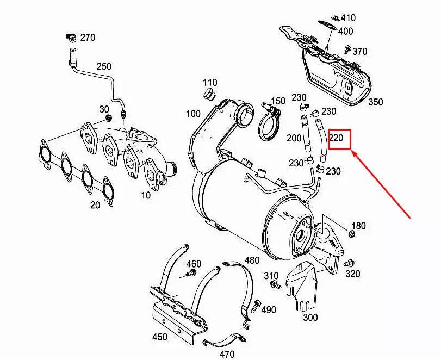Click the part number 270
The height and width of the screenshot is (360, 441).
click(x=88, y=38)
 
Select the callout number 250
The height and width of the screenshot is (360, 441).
click(x=104, y=67)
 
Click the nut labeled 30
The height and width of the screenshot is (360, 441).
click(x=108, y=117)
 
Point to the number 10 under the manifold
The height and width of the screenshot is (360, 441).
click(x=145, y=195)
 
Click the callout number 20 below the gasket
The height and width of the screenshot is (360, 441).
click(x=95, y=205)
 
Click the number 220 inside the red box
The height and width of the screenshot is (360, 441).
click(x=336, y=138)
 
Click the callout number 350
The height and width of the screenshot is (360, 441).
click(x=375, y=102)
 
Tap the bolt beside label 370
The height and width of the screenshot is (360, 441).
click(x=346, y=51)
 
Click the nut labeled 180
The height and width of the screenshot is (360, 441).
click(x=351, y=234)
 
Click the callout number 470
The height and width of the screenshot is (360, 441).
click(x=227, y=354)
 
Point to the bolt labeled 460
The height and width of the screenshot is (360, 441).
click(x=191, y=272)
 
